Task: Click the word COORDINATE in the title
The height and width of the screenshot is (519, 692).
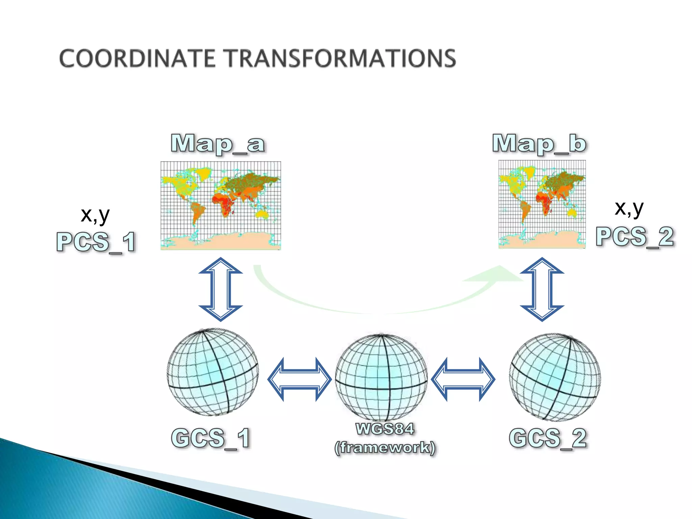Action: click(137, 58)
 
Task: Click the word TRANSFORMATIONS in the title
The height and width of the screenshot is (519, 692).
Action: click(341, 58)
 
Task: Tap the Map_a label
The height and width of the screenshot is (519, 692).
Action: click(218, 144)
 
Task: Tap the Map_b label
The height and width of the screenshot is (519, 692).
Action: click(539, 144)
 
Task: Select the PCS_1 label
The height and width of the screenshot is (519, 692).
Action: click(96, 242)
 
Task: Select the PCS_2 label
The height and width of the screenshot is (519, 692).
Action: click(635, 237)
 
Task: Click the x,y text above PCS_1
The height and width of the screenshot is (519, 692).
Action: click(95, 215)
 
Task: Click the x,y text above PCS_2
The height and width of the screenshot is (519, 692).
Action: click(629, 208)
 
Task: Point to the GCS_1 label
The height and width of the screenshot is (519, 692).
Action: click(211, 438)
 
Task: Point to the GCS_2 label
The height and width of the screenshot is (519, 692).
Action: click(548, 438)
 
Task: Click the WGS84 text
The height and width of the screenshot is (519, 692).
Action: click(385, 429)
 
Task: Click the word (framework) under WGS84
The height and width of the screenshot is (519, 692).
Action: click(385, 448)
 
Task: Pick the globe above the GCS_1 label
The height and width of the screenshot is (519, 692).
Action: click(213, 372)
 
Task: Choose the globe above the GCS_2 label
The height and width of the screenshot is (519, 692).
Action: click(555, 377)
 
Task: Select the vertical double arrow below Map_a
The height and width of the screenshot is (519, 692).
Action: click(221, 289)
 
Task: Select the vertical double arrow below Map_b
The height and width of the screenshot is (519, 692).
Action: click(542, 289)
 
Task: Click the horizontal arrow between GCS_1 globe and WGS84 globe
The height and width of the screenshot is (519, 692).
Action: click(299, 379)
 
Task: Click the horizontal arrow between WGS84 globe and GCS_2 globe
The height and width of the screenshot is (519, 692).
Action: click(463, 379)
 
